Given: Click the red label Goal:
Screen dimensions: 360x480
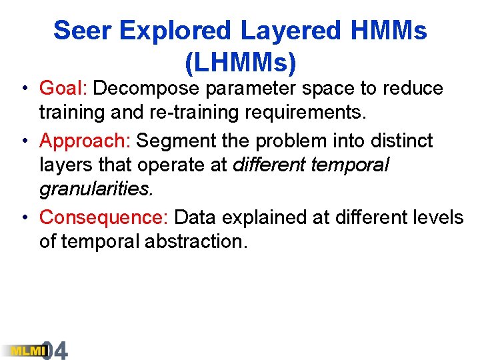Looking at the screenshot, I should pos(65,88).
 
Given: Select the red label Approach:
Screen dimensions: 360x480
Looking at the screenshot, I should pos(85,141).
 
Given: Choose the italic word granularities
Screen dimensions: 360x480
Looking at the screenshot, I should pos(95,190).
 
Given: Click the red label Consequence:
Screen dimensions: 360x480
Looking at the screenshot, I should pos(104,217).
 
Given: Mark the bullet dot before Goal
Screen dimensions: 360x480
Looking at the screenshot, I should pos(23,89).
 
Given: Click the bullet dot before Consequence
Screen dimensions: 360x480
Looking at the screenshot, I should pos(23,218).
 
